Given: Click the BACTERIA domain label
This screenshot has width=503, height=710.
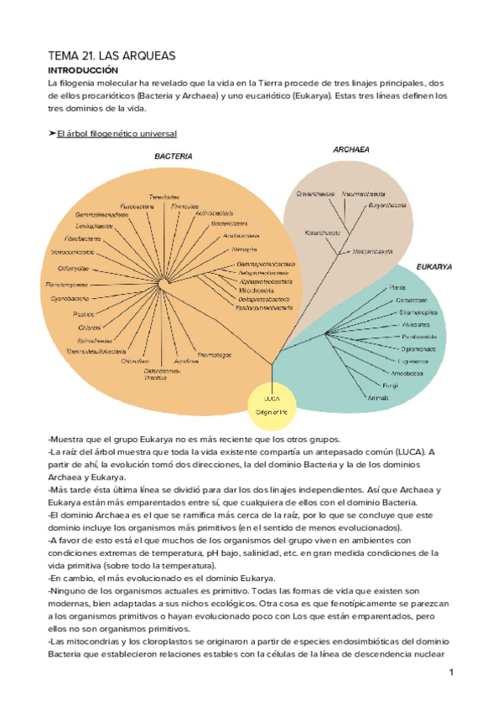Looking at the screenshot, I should click(x=174, y=157).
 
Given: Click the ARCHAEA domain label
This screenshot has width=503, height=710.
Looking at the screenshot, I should click(x=351, y=150).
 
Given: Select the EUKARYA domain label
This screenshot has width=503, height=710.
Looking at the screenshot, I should click(x=434, y=267).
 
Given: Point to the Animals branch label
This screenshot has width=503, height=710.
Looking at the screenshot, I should click(x=377, y=398).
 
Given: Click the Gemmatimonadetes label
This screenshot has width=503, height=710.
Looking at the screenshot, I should click(x=101, y=215).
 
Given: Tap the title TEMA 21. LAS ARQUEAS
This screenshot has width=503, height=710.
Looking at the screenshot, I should click(x=110, y=55).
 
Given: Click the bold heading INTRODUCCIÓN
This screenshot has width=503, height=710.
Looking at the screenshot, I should click(x=83, y=71).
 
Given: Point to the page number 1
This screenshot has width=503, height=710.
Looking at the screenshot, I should click(x=450, y=672).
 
